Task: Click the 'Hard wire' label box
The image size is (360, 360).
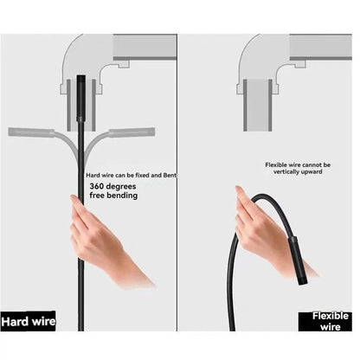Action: click(28, 321)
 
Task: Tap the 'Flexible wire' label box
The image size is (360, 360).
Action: click(330, 321)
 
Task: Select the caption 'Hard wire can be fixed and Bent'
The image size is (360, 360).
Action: click(129, 176)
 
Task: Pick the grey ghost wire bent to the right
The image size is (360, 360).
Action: click(130, 132)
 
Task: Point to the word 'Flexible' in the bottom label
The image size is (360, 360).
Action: click(330, 316)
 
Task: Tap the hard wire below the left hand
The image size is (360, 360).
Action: click(81, 303)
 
